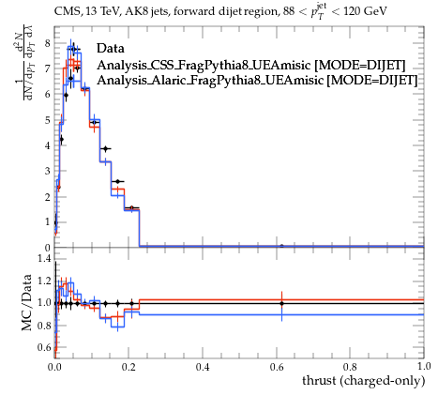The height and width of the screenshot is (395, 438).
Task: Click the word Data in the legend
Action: pos(111,49)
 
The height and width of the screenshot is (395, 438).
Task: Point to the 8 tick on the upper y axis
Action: pos(47,43)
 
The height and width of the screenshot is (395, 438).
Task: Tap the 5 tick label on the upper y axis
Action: pos(47,120)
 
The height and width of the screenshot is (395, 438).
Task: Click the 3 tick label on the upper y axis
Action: pos(47,171)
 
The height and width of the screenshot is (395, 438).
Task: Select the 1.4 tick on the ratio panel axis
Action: pos(44,258)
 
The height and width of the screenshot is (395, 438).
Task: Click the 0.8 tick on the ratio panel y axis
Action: pos(44,326)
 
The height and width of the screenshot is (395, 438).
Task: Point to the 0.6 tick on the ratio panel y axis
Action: pos(44,347)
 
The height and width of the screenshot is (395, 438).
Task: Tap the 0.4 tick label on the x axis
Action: pos(203,367)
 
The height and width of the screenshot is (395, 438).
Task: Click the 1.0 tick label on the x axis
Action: pos(424,367)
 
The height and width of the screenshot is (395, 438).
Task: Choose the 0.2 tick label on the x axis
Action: pos(128,367)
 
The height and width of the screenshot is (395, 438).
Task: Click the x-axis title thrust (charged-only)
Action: pos(364,381)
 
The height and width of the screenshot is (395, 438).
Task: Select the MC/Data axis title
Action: pos(26,302)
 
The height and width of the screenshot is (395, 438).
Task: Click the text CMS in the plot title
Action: pos(65,11)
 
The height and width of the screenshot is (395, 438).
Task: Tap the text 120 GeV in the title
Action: pos(365,11)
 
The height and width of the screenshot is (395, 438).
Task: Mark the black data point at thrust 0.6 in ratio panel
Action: pos(281,303)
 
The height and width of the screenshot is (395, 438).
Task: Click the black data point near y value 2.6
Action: pos(117,181)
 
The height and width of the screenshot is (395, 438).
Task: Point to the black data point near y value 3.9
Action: pos(106,149)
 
